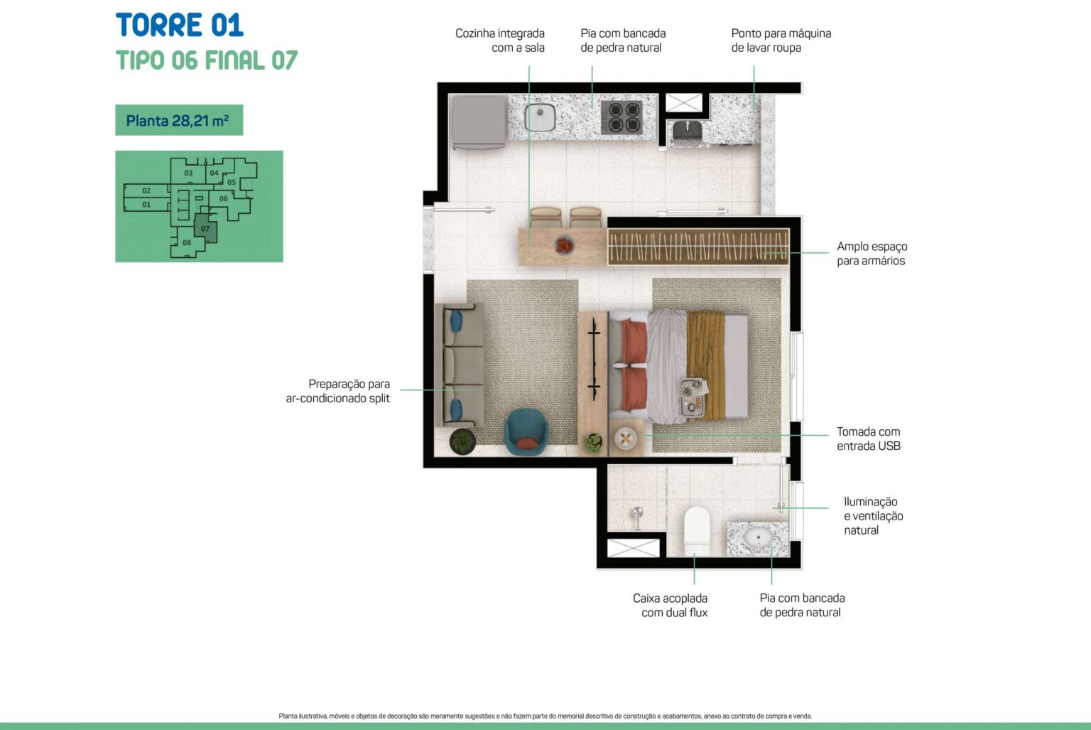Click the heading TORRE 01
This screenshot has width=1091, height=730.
point(179,25)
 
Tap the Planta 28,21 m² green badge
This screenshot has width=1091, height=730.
point(179,120)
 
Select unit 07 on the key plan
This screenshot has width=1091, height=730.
point(205,228)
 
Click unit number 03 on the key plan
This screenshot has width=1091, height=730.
point(188,173)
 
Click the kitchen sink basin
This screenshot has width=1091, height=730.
point(540,117)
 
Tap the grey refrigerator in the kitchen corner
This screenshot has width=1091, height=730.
point(478,122)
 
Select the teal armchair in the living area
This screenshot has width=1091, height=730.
point(526,431)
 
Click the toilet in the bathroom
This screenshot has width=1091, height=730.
point(697,531)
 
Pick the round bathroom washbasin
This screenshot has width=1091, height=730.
point(758,537)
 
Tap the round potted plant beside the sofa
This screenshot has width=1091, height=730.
point(462,441)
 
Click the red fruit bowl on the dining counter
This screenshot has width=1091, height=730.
point(565,245)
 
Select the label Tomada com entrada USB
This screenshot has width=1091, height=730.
point(869,439)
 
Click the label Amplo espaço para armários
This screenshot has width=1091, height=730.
point(872,254)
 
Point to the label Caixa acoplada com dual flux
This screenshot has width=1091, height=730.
point(671,605)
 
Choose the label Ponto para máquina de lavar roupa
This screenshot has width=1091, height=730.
point(781,41)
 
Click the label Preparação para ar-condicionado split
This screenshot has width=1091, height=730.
point(338,391)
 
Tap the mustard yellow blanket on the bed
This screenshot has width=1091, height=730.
point(707,365)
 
